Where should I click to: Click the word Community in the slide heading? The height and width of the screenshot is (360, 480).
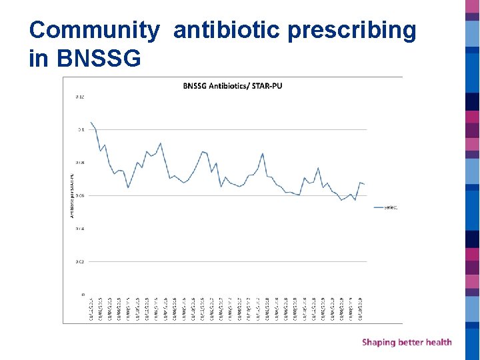coord(95,30)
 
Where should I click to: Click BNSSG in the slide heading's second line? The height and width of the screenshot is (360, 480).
coord(99,59)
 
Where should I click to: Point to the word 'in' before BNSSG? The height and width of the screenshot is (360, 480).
coord(39,59)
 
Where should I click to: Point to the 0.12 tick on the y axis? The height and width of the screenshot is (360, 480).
coord(80,97)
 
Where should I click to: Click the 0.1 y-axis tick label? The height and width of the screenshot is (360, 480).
coord(81,130)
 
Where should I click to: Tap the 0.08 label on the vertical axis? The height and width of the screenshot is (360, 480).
coord(80,163)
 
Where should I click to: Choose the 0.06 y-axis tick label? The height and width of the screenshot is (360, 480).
coord(80,195)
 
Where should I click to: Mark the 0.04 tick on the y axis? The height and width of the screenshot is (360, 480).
coord(80,229)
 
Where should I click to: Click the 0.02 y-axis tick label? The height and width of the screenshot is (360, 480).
coord(80,261)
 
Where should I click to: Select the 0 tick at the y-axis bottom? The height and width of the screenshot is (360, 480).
coord(83,294)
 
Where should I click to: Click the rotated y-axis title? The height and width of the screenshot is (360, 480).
coord(71,195)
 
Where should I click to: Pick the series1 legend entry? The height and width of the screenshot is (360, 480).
coord(390,207)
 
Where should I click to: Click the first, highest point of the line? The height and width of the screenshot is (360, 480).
coord(91,122)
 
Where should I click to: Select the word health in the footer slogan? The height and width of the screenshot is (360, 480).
coord(437,342)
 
